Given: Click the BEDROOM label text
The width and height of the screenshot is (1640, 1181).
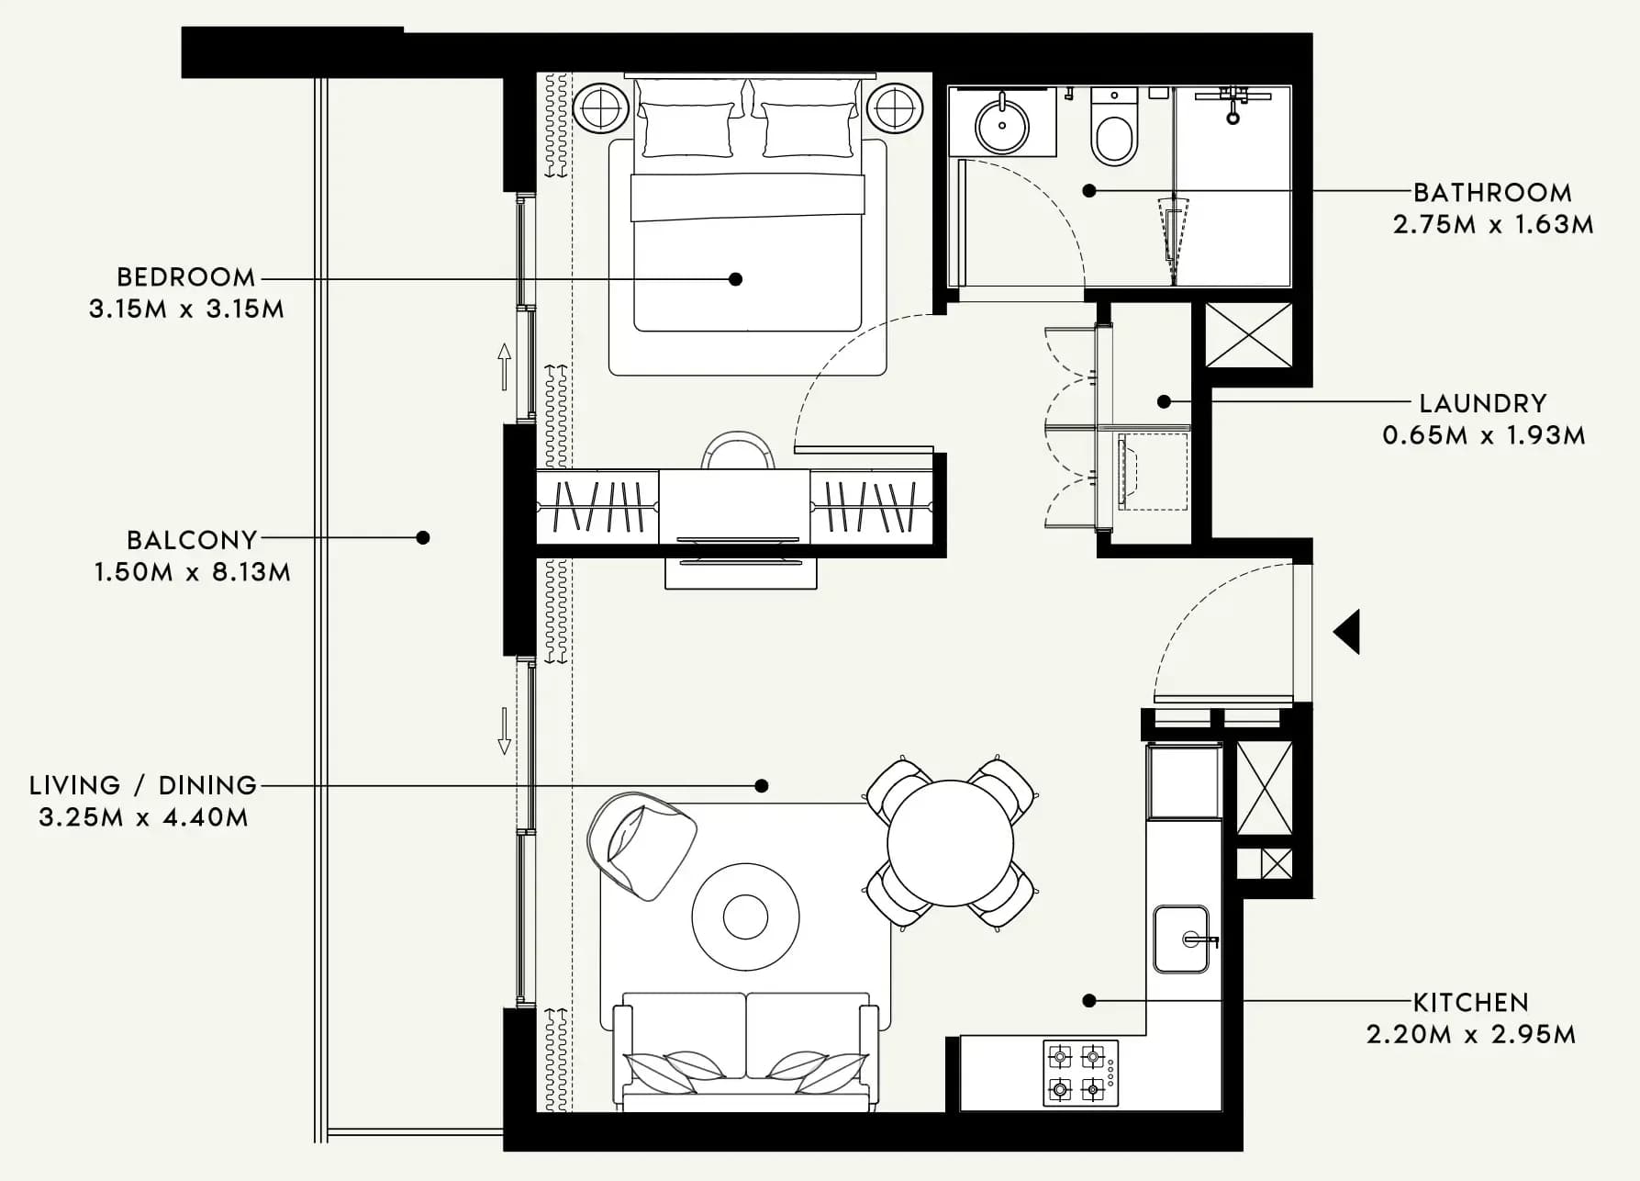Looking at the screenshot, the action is coord(186,277).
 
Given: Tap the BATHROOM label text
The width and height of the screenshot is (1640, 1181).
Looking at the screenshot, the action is coord(1492,193).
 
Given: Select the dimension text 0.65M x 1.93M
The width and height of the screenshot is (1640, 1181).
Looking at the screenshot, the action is coord(1484,435).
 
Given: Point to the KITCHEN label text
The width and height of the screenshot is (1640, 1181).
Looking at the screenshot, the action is coord(1470,1003).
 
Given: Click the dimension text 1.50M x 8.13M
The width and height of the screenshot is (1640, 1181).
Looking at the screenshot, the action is coord(192,572).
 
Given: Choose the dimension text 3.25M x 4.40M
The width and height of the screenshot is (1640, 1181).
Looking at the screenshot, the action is coord(143,817).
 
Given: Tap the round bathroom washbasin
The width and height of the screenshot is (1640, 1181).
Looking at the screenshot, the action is coord(1002,125).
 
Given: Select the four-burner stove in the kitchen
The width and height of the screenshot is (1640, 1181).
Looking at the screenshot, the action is coord(1080,1073).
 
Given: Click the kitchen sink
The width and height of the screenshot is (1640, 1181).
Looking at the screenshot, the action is coord(1182,939).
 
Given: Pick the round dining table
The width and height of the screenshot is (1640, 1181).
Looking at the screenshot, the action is coord(951,843).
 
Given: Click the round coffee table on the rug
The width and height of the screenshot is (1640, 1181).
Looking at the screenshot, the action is coord(745,916).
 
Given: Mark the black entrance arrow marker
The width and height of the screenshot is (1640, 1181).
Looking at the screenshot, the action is coord(1347,632).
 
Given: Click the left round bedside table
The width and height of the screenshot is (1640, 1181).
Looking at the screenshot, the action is coord(601,108).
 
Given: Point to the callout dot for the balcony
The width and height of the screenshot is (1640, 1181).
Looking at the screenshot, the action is coord(423,538).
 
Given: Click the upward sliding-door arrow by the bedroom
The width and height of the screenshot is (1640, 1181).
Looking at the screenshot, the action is coord(504,366).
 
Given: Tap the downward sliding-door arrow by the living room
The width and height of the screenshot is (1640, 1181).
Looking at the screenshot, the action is coord(504,731).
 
